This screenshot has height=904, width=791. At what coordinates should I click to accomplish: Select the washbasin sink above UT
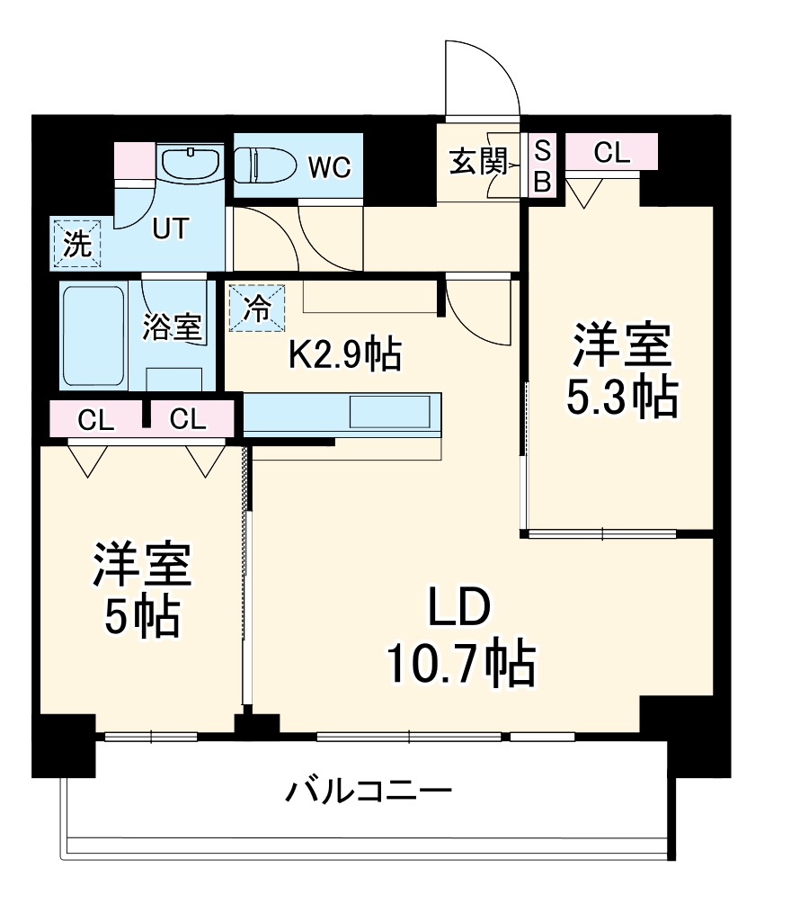(191, 163)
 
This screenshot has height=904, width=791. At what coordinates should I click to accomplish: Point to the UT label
(170, 229)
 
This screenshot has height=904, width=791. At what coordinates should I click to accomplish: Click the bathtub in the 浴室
(93, 335)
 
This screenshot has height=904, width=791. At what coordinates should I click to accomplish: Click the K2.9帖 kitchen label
(343, 355)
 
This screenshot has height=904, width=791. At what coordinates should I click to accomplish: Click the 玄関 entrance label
(474, 164)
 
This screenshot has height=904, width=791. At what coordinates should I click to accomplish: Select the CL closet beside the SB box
(611, 153)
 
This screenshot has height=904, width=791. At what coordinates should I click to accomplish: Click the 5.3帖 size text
(619, 398)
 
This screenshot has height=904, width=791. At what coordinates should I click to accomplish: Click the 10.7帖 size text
(460, 666)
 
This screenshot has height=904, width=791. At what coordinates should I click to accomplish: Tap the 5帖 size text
(141, 618)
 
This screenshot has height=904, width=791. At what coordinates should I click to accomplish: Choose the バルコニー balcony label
(369, 792)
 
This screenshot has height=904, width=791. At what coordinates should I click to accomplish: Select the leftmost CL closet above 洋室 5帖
(95, 420)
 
